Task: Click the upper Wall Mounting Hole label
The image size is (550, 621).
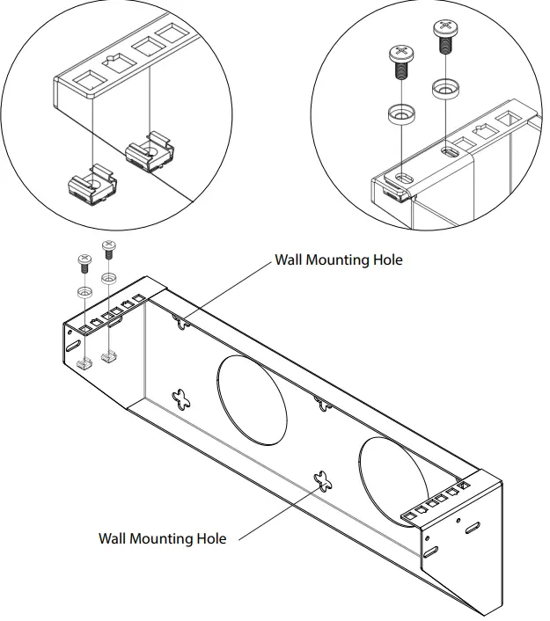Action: click(x=338, y=260)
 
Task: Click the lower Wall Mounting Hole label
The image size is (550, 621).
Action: click(x=162, y=537)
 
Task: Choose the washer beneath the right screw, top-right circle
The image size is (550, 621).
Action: click(x=444, y=89)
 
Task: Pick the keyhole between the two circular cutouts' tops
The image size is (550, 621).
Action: click(x=323, y=403)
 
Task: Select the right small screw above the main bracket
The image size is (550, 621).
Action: click(x=108, y=248)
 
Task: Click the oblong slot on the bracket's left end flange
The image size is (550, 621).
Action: click(x=69, y=350)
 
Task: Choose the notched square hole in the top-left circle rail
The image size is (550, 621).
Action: click(x=111, y=62)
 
